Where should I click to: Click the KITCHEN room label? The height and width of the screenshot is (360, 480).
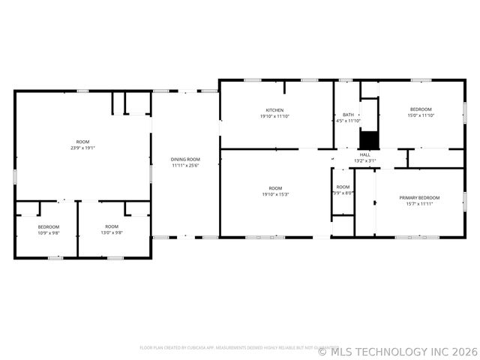pos(274,110)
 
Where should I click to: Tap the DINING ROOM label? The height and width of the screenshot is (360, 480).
pos(185,159)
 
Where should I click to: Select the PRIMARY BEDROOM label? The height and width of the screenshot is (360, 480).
pos(419,197)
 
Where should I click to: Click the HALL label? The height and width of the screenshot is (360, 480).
pos(364,154)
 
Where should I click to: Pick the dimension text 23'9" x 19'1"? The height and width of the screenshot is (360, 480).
pos(82,148)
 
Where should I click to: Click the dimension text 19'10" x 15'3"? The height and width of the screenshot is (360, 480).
pos(275,194)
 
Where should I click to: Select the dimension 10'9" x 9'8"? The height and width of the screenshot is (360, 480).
pos(49,232)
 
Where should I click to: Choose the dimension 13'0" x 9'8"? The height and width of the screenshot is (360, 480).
pos(112,232)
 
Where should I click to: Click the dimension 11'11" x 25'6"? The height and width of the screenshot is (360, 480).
pos(185,165)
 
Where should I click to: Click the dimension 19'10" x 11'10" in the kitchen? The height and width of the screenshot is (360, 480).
pos(274,116)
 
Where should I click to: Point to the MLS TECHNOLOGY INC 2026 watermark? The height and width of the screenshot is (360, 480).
pos(397,351)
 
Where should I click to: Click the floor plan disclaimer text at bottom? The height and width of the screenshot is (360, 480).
pos(228,347)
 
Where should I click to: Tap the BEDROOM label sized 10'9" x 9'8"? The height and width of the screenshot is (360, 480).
pos(49,226)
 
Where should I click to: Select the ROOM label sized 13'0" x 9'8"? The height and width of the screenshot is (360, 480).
pos(112,226)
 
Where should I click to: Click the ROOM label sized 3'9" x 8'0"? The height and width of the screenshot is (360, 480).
pos(343,187)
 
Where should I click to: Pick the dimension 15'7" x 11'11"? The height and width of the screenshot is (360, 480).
pos(419,203)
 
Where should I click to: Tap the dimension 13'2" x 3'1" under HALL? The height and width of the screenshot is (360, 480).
pos(364,160)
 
